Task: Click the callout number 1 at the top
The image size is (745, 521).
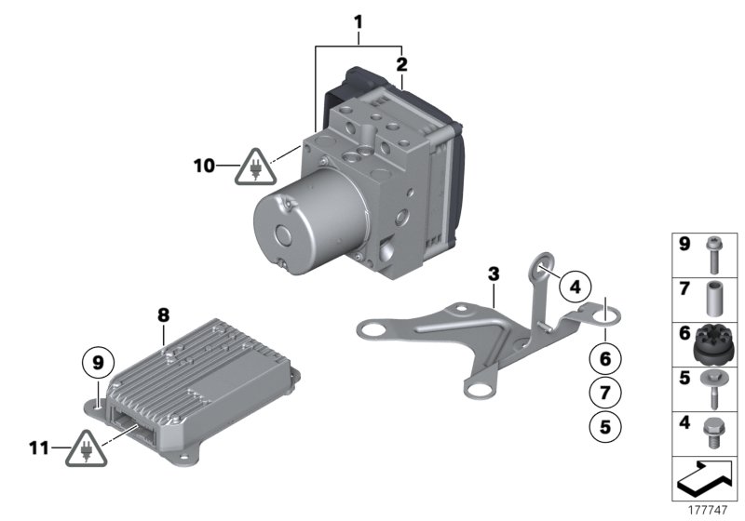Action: coord(359,19)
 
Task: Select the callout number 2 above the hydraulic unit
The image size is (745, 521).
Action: coord(401,64)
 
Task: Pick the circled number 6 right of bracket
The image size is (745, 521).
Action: coord(604,356)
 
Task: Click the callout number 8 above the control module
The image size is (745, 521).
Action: coord(163,315)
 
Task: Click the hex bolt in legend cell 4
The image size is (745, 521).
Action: coord(714,432)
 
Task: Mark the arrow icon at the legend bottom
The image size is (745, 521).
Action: coord(705,479)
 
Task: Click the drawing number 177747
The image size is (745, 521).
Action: coord(705,511)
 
